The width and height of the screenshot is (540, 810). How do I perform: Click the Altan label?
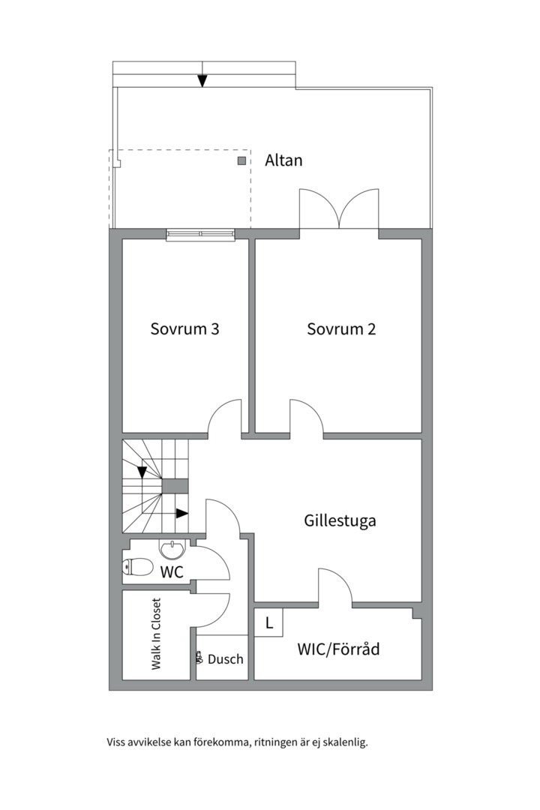point(283,160)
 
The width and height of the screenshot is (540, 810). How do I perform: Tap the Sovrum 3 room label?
point(184,329)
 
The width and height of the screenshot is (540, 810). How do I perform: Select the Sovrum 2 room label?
point(341,329)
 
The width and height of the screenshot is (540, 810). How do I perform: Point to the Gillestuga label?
point(340,520)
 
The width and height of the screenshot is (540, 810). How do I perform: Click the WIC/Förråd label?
point(338,649)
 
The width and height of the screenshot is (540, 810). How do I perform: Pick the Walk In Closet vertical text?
point(157,634)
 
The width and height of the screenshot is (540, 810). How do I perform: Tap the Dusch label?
point(225,659)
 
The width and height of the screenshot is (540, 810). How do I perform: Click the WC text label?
point(172,571)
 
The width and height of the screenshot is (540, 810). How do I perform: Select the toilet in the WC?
point(137,568)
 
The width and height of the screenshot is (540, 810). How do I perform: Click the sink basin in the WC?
point(172,550)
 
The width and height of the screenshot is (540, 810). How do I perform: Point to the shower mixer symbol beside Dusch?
point(199,658)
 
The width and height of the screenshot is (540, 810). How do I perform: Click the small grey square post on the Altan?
point(241,160)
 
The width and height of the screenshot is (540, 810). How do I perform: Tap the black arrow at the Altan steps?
point(202,80)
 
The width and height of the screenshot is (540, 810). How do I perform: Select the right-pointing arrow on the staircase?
point(182,514)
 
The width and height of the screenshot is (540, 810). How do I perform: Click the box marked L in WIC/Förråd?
point(268,622)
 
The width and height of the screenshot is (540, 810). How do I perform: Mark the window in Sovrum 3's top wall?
point(200,235)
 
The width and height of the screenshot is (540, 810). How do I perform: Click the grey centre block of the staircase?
point(175,486)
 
